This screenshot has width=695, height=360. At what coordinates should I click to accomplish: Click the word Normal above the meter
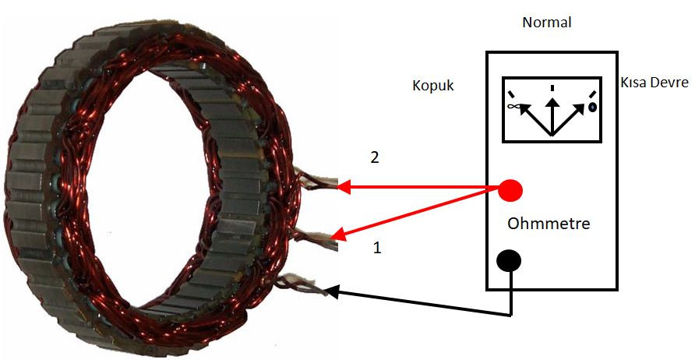pos(546,23)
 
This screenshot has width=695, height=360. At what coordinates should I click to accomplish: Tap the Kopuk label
pos(432,86)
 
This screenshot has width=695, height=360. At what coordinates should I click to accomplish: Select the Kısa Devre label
pos(654,83)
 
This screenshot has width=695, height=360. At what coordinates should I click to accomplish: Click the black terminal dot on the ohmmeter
pos(510,261)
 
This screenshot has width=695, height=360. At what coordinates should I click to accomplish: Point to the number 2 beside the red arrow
pos(375,157)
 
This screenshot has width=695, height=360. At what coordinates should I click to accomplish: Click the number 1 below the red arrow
pos(377,249)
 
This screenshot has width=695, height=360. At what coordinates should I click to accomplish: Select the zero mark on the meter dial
pos(591,107)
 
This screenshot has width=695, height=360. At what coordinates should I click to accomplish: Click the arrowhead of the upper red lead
pos(344,187)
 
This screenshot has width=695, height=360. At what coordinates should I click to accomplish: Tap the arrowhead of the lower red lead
pos(336,235)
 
